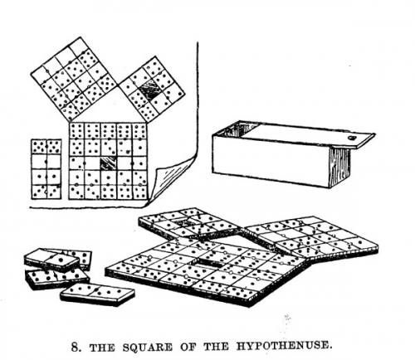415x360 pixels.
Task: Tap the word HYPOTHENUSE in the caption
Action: tap(283, 346)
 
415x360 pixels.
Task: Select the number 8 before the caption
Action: tap(75, 347)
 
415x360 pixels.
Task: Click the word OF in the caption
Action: tap(188, 347)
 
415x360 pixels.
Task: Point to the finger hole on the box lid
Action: tap(352, 138)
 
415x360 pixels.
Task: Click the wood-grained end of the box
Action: tap(339, 167)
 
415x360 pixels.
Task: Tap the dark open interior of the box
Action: tap(236, 129)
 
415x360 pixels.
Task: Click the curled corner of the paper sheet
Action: tap(172, 180)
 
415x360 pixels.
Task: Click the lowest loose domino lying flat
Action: tap(97, 294)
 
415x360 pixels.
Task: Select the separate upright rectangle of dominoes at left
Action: tap(46, 169)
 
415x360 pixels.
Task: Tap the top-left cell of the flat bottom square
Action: tap(76, 130)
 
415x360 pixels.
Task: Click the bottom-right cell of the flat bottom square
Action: tap(139, 192)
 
